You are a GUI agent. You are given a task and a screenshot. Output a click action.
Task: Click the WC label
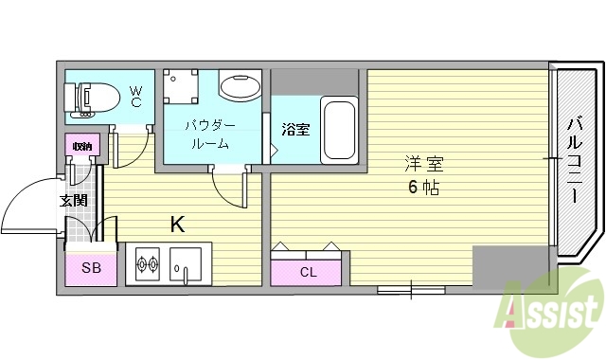[135, 96]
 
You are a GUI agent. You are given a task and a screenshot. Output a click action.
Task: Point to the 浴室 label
[295, 130]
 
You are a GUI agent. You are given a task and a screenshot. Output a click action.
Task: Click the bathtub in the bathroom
[338, 130]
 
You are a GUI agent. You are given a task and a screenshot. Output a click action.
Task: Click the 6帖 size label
[423, 187]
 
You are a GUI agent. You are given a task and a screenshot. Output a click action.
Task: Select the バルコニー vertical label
[575, 162]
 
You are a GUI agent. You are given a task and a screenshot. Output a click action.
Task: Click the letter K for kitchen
[176, 225]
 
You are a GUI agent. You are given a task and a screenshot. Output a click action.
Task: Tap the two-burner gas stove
[148, 263]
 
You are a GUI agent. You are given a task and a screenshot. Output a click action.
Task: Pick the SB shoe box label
[91, 268]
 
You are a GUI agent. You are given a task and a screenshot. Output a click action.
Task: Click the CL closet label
[309, 273]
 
